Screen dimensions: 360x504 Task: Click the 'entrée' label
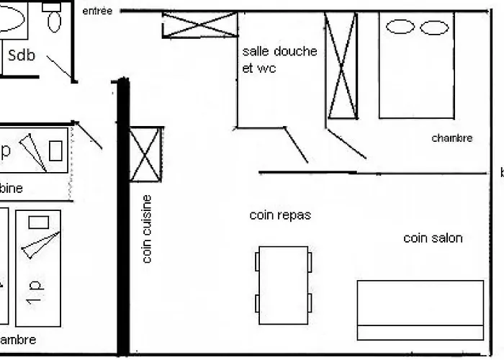[x=98, y=11]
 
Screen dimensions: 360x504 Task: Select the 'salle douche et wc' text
[x=279, y=60]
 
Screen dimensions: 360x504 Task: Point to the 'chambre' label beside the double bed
[x=452, y=138]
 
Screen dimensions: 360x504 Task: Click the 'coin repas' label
[x=280, y=215]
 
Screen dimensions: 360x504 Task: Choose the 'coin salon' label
[x=433, y=238]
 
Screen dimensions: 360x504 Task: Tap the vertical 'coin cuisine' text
[x=147, y=229]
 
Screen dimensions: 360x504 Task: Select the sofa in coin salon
[x=420, y=310]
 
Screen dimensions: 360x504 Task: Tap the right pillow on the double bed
[x=434, y=27]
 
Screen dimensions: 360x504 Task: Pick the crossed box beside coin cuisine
[x=145, y=155]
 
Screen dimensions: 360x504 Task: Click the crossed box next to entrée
[x=199, y=24]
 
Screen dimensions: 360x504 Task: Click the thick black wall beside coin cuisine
[x=123, y=216]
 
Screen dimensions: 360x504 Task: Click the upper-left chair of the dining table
[x=257, y=261]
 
